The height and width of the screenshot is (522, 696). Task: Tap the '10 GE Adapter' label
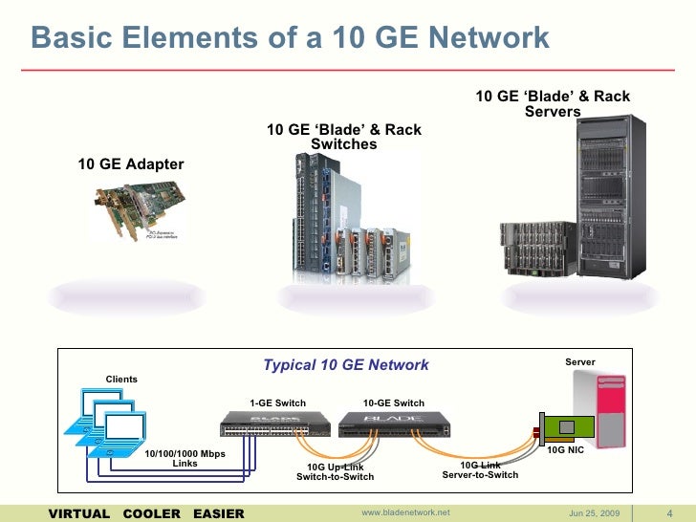tap(130, 164)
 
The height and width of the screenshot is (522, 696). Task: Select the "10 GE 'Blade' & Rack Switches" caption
tap(343, 137)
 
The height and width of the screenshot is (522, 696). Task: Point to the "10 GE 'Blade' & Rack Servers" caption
tap(553, 104)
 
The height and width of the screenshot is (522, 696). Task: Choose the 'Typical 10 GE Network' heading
tap(346, 365)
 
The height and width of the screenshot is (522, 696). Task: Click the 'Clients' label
tap(121, 380)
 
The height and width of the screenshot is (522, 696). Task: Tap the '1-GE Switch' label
tap(277, 402)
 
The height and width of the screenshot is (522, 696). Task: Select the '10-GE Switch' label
tap(394, 402)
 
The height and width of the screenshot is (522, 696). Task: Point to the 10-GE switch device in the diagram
tap(394, 424)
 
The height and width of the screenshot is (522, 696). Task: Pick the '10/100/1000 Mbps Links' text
tap(185, 458)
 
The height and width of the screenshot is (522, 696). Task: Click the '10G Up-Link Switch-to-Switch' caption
tap(335, 470)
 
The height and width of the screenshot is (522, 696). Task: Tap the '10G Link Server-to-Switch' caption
tap(480, 469)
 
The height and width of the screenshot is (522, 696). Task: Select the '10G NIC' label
tap(564, 447)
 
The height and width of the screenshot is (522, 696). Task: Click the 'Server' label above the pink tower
tap(579, 362)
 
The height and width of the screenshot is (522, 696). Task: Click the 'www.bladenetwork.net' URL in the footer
tap(405, 513)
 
